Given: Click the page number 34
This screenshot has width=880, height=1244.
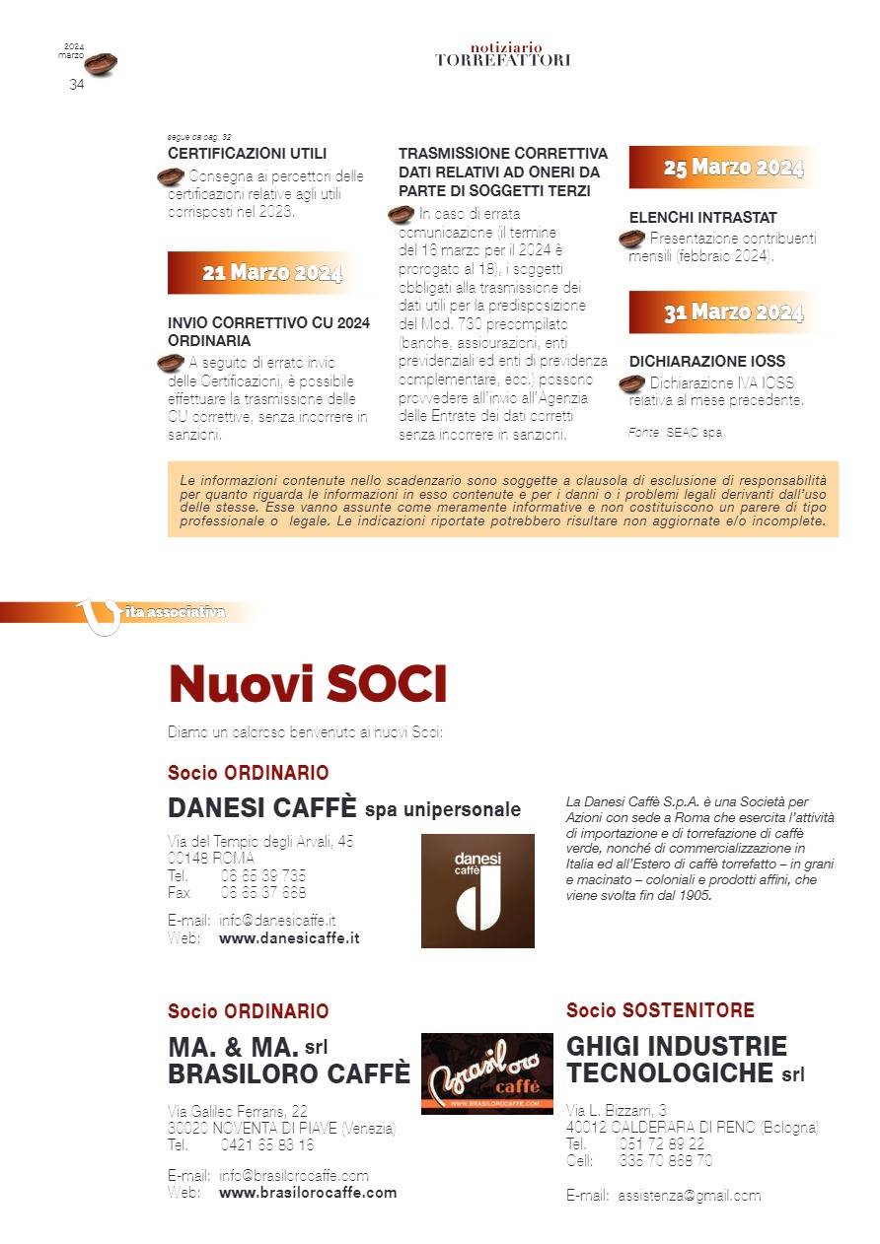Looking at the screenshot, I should click(x=76, y=85).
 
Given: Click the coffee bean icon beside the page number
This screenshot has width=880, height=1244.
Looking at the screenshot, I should click(x=101, y=64).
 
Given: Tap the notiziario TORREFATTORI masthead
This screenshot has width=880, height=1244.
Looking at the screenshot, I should click(x=503, y=54).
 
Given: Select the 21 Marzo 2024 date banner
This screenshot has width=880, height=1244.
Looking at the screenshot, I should click(x=271, y=273).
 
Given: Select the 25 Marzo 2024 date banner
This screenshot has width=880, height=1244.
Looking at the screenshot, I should click(x=732, y=168).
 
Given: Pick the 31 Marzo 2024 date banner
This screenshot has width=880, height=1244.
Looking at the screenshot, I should click(x=732, y=313).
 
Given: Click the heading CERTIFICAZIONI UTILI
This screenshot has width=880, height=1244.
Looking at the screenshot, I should click(x=247, y=154).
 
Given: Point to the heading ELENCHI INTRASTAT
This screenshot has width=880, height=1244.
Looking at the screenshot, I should click(x=702, y=217).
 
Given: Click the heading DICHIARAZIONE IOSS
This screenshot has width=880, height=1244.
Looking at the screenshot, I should click(x=706, y=362).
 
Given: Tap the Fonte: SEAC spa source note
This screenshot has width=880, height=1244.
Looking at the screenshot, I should click(x=675, y=433).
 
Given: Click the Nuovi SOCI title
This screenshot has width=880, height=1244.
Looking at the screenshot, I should click(x=307, y=684).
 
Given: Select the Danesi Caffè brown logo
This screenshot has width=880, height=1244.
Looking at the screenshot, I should click(x=477, y=890).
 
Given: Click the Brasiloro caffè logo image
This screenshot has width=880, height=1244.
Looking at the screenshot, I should click(x=486, y=1073).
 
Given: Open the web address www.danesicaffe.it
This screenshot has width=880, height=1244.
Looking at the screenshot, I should click(x=288, y=937).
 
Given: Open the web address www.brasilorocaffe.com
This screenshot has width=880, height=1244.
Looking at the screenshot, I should click(x=307, y=1192).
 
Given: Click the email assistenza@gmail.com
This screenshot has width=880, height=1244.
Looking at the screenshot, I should click(x=689, y=1196).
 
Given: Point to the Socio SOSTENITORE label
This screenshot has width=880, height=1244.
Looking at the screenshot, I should click(x=660, y=1010).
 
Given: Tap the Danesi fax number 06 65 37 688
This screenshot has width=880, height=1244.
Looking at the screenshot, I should click(x=262, y=892).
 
